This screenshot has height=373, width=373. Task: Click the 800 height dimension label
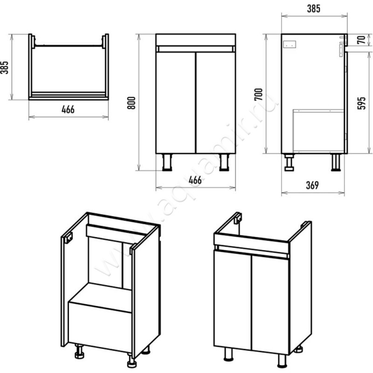pos(131,103)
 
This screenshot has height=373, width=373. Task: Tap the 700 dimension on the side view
pos(259,94)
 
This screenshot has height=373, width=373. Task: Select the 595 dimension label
pos(361,103)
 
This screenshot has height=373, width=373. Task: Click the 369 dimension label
pos(312,185)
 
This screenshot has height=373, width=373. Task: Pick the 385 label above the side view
pos(313,8)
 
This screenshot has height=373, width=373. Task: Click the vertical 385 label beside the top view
pos(4,68)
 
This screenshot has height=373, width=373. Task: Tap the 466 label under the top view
pos(68,110)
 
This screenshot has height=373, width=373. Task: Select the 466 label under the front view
pos(195,180)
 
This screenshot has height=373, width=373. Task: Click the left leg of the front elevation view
pos(167,162)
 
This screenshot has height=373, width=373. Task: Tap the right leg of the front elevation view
pos(224,162)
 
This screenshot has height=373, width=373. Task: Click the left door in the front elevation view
pos(176,103)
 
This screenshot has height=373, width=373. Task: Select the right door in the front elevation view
pos(216,103)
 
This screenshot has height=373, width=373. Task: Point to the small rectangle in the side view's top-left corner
pos(290,44)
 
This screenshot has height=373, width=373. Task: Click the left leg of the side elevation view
pos(289,162)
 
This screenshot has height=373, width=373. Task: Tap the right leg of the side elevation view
pos(336,162)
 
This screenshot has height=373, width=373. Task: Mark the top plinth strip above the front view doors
pos(196,40)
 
